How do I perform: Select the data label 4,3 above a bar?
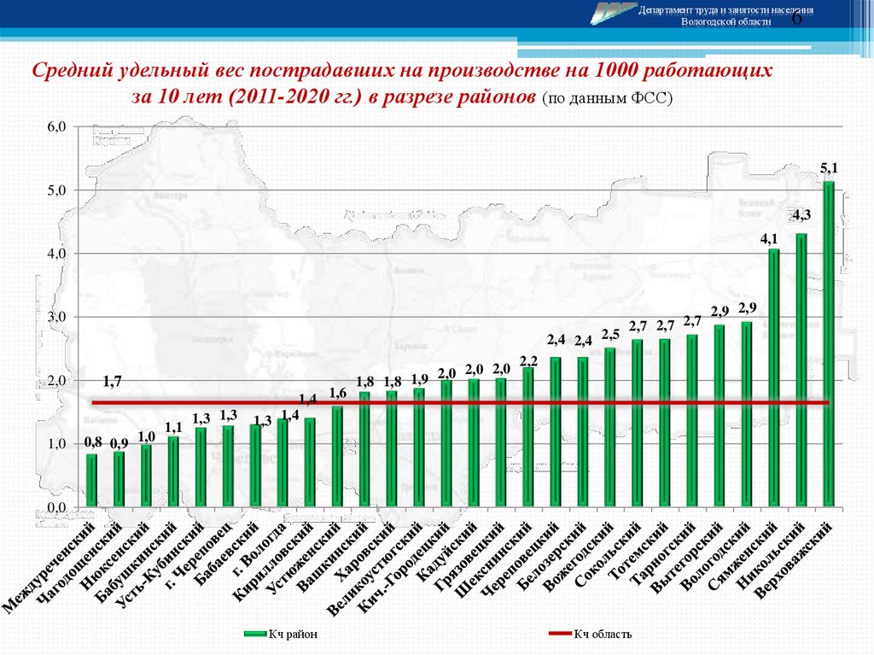(x=801, y=215)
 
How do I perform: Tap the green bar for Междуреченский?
(x=91, y=481)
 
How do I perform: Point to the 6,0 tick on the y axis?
(x=56, y=127)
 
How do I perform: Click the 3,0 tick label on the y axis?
(x=56, y=318)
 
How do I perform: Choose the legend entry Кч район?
(x=281, y=634)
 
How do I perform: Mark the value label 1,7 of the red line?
(x=111, y=381)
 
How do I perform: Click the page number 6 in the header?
(x=797, y=20)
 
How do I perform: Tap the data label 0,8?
(x=93, y=442)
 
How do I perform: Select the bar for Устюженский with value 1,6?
(x=337, y=457)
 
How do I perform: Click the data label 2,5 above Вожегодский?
(x=609, y=334)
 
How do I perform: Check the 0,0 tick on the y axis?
(x=56, y=508)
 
